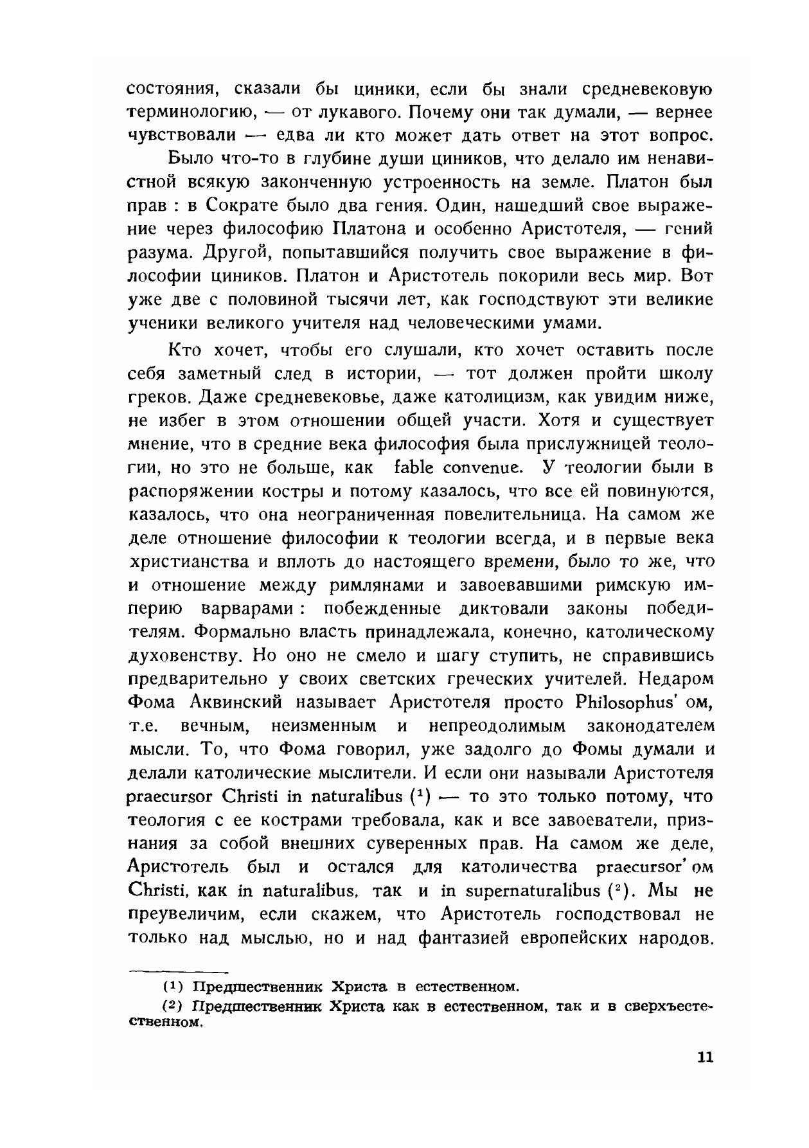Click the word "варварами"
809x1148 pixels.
coord(247,609)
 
